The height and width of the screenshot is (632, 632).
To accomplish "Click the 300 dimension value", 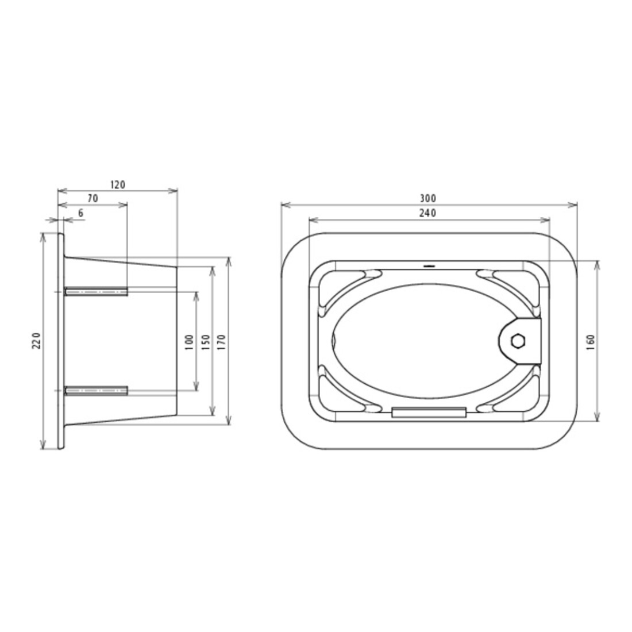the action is coord(427,199).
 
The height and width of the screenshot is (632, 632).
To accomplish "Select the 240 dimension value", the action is coord(427,213).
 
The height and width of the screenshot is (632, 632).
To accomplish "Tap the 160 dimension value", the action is coord(591,342).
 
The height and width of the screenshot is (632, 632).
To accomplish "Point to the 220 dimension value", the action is coord(36,341).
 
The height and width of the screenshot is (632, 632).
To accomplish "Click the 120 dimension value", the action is coord(118,184).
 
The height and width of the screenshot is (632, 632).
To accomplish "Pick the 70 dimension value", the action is coord(93,199).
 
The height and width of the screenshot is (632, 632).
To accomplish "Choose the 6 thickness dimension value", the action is coord(80,213).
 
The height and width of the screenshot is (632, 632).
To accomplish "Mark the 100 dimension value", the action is coord(190,342).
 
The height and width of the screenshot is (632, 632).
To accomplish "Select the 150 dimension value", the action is coord(206,342).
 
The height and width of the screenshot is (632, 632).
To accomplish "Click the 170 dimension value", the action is coord(221,342).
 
